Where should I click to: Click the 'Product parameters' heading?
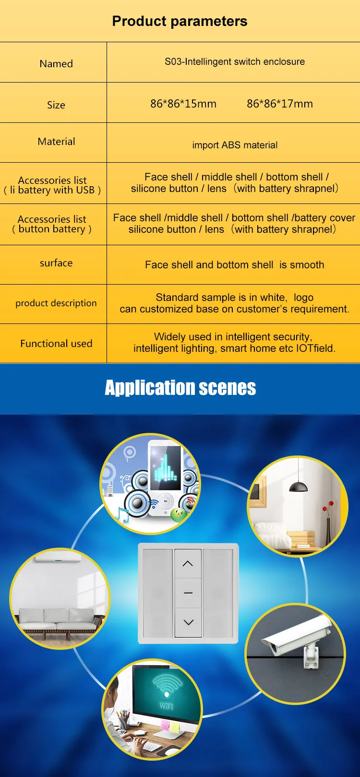[x=180, y=21]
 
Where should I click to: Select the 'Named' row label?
[x=56, y=64]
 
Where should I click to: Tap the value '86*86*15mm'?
[x=183, y=104]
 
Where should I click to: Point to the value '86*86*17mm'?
[x=280, y=104]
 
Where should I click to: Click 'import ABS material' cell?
[x=235, y=145]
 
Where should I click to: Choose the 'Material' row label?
[x=56, y=142]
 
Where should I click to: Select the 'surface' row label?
[x=56, y=263]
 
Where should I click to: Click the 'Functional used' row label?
[x=56, y=344]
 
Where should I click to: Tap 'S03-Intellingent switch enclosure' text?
[x=235, y=61]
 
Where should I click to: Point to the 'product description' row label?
[x=56, y=303]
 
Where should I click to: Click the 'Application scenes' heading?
[x=180, y=388]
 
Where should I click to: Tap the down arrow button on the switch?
[x=188, y=622]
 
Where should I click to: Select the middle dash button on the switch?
[x=188, y=593]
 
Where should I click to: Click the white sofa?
[x=60, y=619]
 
